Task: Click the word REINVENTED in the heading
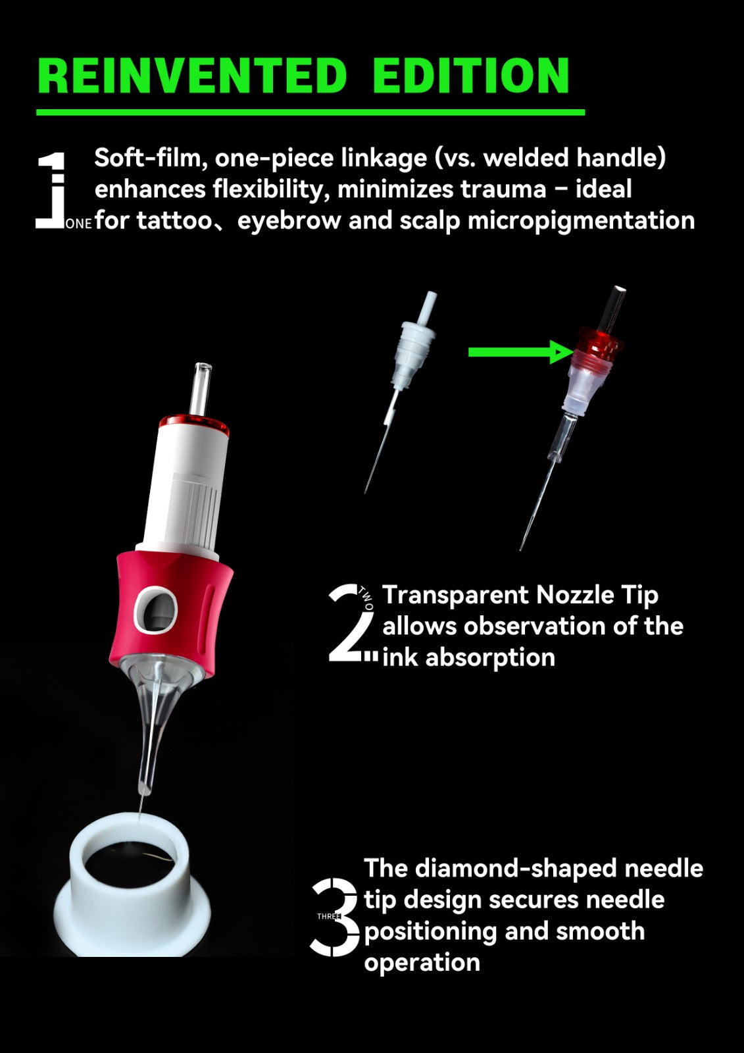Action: click(192, 76)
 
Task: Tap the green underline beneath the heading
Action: click(310, 113)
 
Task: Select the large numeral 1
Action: click(50, 191)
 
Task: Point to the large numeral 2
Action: click(350, 623)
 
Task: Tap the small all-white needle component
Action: click(402, 390)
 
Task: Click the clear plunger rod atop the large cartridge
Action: click(201, 389)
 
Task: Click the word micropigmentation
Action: click(581, 221)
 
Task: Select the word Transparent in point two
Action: click(455, 596)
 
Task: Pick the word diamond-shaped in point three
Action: click(516, 868)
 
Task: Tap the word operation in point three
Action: click(422, 963)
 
